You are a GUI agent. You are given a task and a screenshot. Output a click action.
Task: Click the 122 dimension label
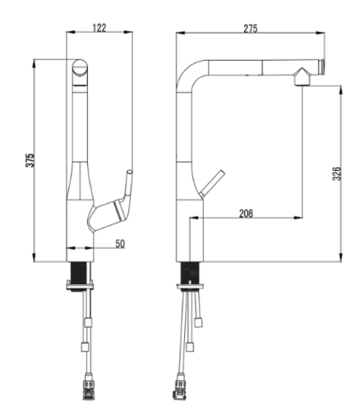99,28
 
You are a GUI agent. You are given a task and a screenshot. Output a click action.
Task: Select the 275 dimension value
251,29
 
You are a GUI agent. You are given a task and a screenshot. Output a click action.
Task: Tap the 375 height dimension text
30,160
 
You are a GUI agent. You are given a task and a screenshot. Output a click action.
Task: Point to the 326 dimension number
337,173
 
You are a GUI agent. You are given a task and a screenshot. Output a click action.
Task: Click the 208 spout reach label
246,214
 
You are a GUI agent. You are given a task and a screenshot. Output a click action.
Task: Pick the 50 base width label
120,243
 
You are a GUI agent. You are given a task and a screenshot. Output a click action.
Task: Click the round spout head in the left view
80,67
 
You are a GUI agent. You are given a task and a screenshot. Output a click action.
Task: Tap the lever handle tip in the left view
129,173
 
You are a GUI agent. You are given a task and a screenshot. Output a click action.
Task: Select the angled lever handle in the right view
212,183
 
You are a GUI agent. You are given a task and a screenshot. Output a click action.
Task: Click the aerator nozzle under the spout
302,77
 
